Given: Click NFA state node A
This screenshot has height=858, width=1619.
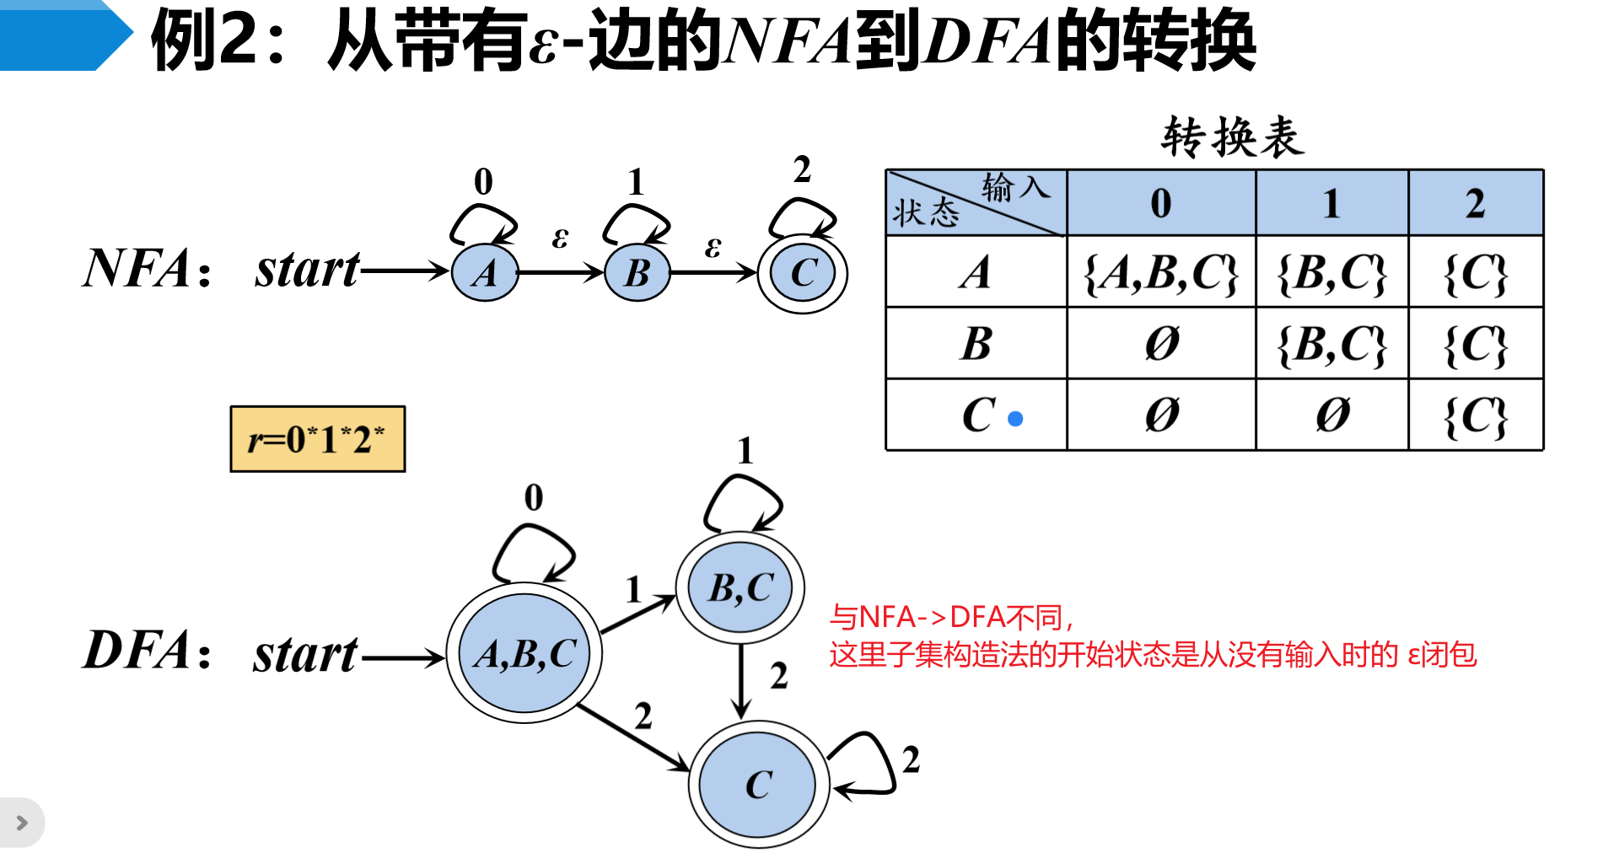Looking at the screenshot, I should point(485,272).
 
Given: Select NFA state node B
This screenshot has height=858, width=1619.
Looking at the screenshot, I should point(637,272).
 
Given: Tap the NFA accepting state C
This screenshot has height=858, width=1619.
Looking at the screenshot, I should point(803,272).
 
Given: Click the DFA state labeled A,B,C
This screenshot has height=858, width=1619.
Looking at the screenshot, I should point(524,653).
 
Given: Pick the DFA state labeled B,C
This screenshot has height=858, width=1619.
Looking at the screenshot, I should point(740,587).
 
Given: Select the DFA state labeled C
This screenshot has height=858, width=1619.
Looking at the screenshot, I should point(758,785).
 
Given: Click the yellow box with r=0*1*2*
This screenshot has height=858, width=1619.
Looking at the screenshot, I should point(317,439).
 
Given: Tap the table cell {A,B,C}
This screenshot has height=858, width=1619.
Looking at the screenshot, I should point(1161,272).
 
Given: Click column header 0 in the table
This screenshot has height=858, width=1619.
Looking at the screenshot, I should point(1161,203).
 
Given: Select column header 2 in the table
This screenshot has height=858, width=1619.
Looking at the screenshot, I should point(1475,203).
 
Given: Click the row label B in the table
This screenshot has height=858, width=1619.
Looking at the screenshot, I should point(976,343).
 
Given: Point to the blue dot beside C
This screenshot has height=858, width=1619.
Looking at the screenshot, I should point(1016,418).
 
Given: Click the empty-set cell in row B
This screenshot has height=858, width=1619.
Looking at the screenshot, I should point(1161,343).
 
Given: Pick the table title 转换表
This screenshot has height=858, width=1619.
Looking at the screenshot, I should point(1232,137).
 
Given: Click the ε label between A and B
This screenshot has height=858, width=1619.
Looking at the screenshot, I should point(560,238).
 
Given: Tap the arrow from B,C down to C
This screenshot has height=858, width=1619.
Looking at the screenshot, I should point(741,681).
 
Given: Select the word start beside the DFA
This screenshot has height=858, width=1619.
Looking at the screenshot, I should point(305,654).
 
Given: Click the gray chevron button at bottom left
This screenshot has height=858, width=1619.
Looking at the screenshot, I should point(22,823).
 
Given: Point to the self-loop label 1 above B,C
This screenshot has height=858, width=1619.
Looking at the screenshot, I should point(745,452).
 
